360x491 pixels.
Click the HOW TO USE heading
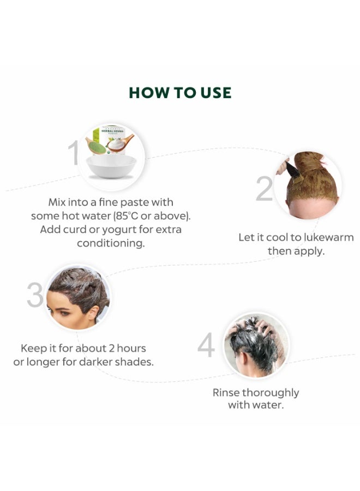[x=180, y=93]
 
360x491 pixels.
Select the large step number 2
[x=264, y=189]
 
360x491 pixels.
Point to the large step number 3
[x=35, y=295]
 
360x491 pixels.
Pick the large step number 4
[x=206, y=345]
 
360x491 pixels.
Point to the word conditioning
[x=111, y=243]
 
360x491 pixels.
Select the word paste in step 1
[x=135, y=202]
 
